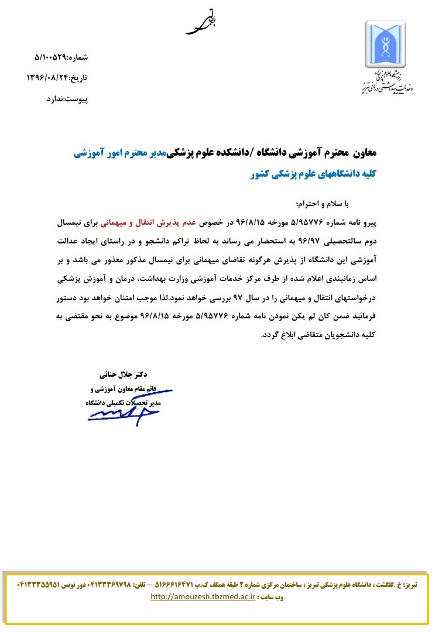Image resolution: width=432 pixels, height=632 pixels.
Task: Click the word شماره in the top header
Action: click(x=78, y=57)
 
